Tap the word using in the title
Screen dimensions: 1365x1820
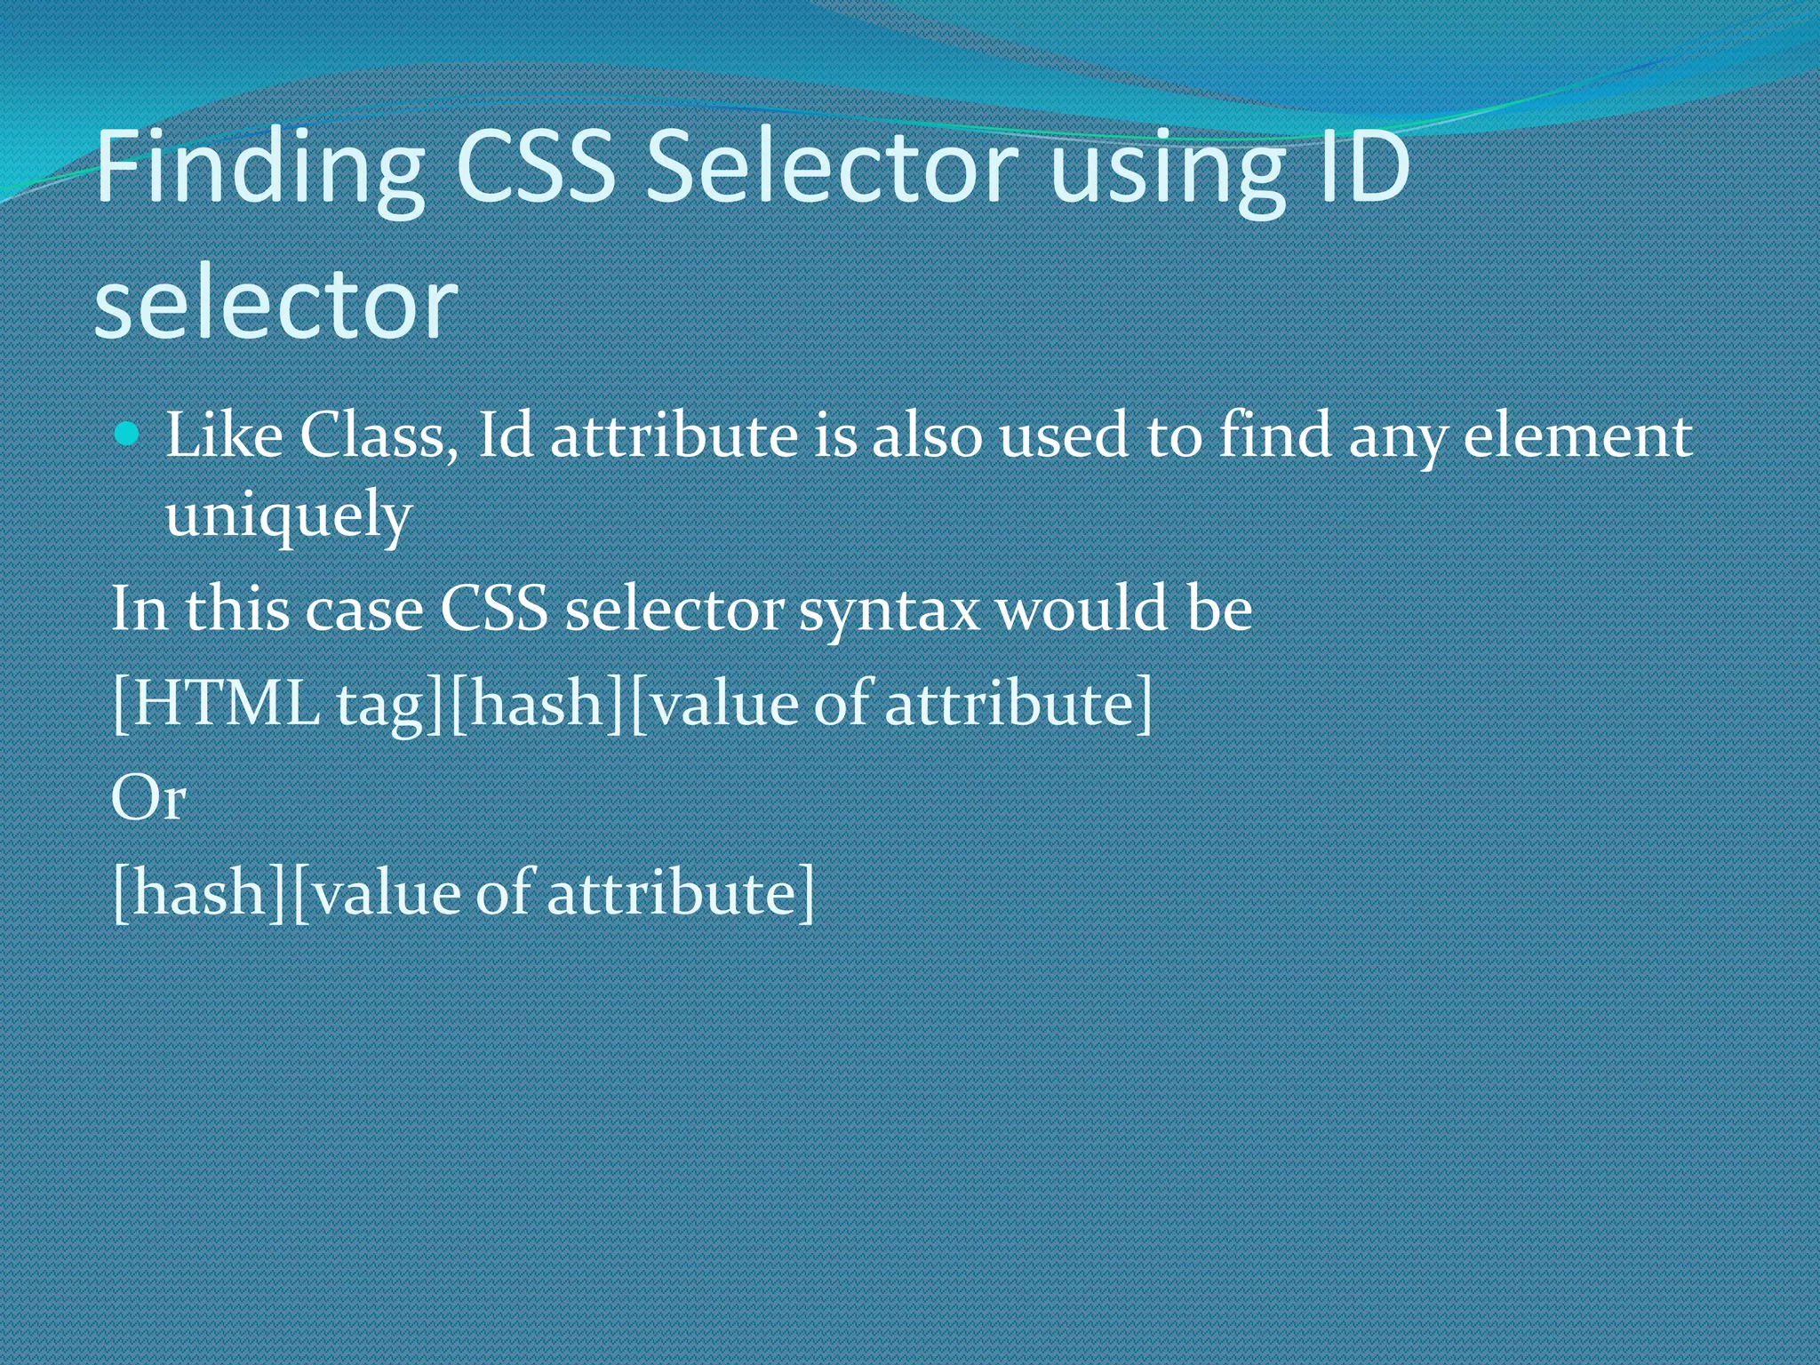(x=1168, y=169)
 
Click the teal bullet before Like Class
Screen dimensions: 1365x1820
(x=128, y=435)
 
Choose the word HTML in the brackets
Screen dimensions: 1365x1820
(x=227, y=704)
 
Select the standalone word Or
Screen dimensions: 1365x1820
(x=148, y=797)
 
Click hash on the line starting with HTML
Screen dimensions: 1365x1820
(x=537, y=704)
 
